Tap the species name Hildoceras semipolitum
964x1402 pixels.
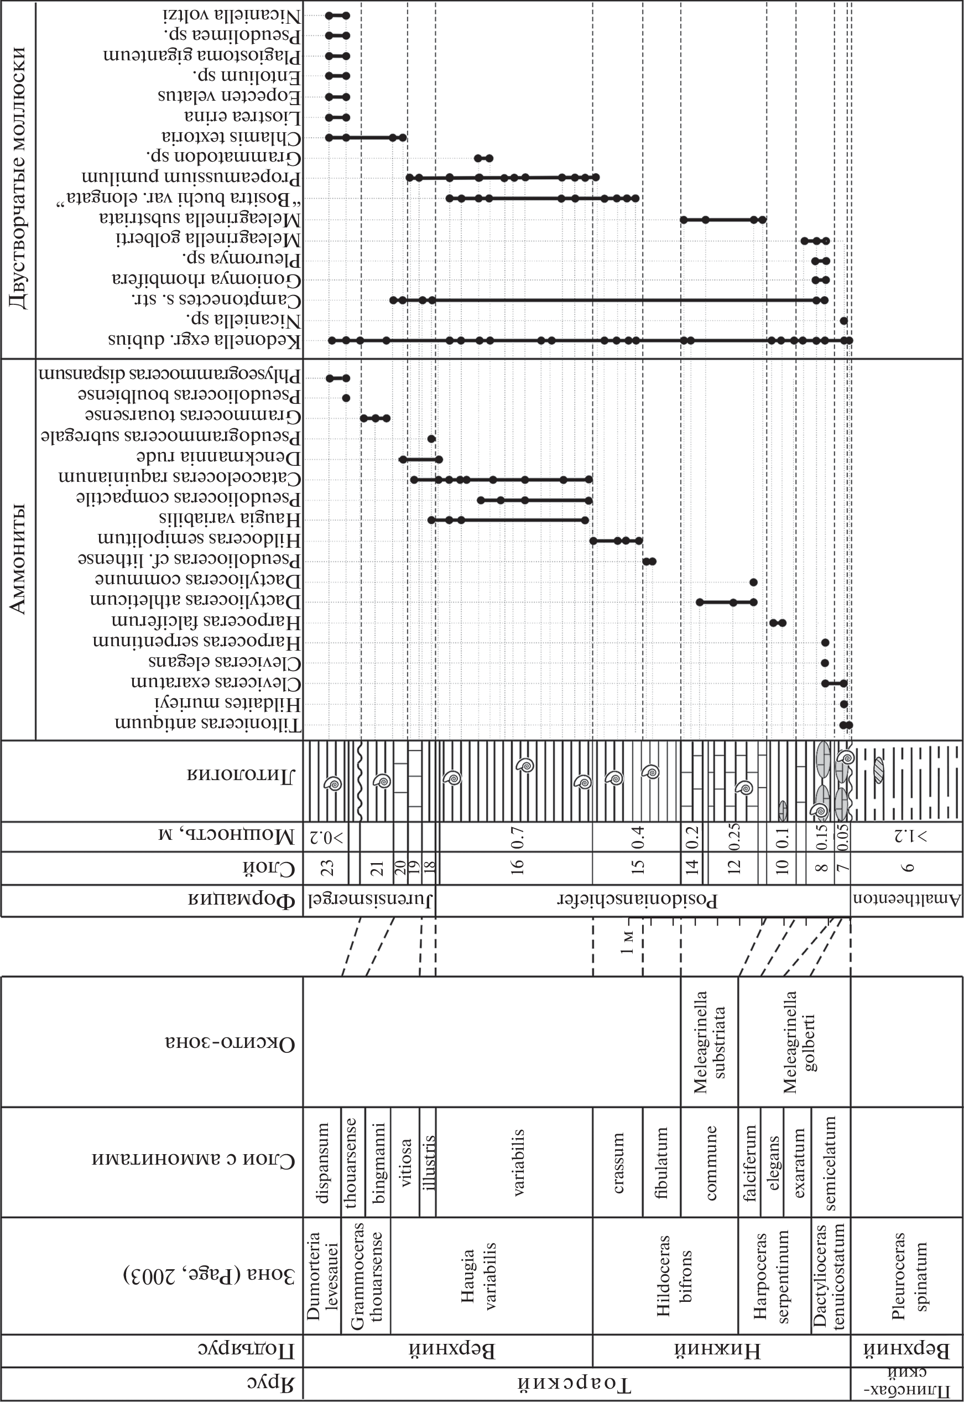click(x=199, y=539)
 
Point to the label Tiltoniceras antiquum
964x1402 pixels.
click(x=208, y=724)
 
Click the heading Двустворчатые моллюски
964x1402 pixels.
click(x=19, y=178)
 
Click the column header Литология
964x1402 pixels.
click(x=241, y=775)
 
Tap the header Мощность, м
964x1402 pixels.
click(x=227, y=836)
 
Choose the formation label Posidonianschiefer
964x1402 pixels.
click(x=638, y=901)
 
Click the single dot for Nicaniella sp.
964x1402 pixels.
click(x=844, y=321)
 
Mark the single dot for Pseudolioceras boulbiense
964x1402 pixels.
click(x=346, y=398)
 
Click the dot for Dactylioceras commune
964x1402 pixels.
click(x=753, y=582)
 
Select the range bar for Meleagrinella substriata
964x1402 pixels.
click(x=723, y=220)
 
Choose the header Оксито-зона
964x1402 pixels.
click(x=230, y=1044)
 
